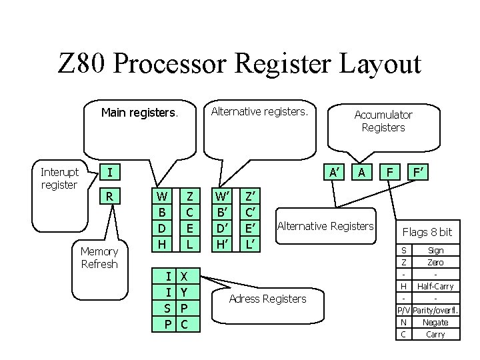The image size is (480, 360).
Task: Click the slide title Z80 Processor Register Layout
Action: [240, 65]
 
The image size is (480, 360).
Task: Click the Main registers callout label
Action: [139, 113]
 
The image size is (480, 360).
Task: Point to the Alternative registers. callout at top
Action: [259, 111]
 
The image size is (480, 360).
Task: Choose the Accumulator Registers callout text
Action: [383, 121]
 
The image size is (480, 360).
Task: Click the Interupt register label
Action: [59, 179]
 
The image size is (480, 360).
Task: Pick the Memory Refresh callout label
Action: [99, 257]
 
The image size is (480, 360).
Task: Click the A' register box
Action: [335, 173]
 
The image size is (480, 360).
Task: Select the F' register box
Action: [419, 173]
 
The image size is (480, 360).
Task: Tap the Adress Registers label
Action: [267, 299]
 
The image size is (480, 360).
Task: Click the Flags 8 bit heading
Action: [427, 232]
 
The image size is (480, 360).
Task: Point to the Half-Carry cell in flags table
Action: [435, 286]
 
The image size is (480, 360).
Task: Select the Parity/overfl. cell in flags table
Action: [435, 310]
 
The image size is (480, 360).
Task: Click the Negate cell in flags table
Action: [435, 322]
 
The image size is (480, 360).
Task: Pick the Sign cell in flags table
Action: [435, 250]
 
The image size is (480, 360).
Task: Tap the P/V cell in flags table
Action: [403, 310]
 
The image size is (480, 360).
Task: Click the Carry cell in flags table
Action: [435, 334]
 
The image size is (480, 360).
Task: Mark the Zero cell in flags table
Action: [435, 262]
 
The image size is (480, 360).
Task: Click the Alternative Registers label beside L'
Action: [325, 226]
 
